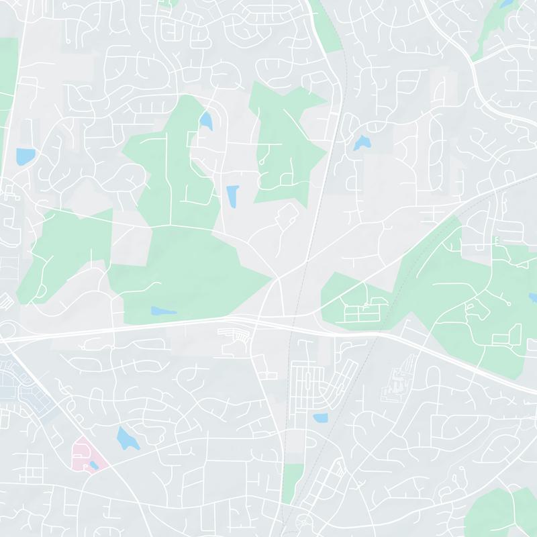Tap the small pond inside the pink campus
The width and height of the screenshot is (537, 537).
click(93, 465)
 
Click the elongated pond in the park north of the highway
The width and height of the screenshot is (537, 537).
click(164, 311)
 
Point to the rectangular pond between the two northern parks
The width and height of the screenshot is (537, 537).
click(232, 197)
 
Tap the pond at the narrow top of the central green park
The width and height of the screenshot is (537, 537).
click(205, 121)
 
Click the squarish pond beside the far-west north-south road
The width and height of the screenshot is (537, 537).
click(26, 156)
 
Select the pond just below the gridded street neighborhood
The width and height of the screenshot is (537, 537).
click(320, 418)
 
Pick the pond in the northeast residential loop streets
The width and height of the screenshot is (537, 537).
click(362, 142)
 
